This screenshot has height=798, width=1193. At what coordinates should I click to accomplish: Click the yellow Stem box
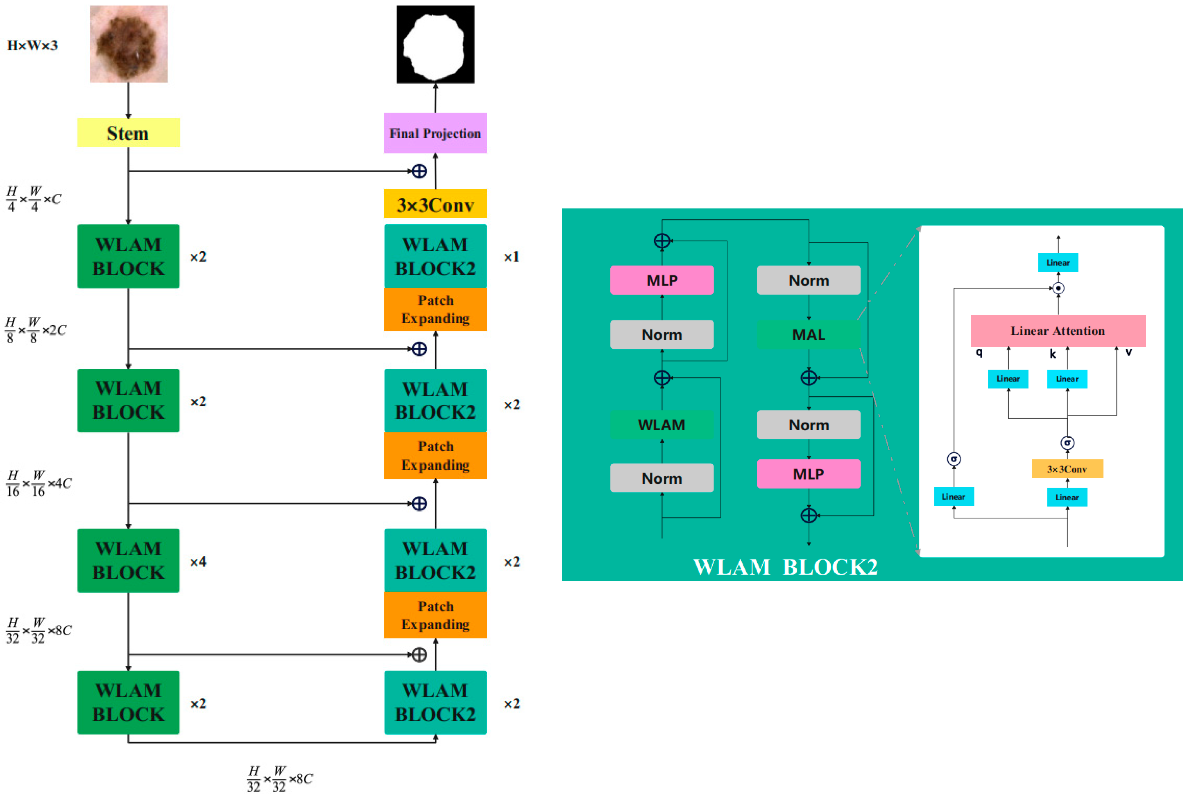[128, 133]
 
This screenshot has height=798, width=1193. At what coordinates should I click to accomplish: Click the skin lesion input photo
[129, 44]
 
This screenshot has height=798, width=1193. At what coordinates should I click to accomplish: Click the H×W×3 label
[32, 45]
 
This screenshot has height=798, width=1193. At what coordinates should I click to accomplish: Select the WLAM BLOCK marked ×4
[128, 560]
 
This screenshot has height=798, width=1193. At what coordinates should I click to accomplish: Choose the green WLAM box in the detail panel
[661, 424]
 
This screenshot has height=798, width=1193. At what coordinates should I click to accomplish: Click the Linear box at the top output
[1058, 262]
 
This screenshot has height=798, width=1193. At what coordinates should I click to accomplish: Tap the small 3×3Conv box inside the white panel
[1067, 469]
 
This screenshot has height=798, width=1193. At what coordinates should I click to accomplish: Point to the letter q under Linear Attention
[979, 352]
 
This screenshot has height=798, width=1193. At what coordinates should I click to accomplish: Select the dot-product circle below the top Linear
[1058, 288]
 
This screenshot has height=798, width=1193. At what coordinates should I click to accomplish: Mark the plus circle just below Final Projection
[419, 171]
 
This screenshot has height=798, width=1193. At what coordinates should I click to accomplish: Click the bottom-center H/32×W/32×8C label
[280, 778]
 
